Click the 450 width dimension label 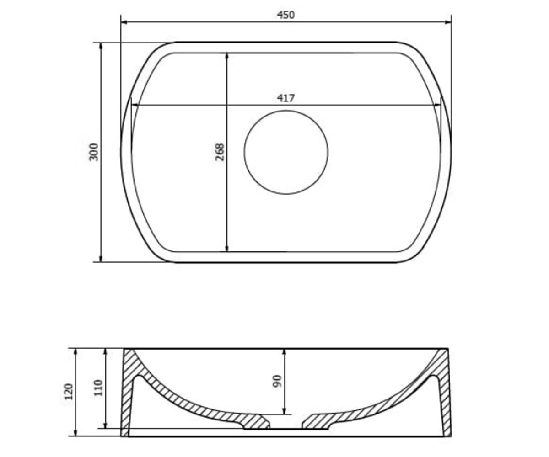pyautogui.click(x=285, y=15)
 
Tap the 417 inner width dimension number pyautogui.click(x=286, y=99)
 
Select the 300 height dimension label pyautogui.click(x=94, y=152)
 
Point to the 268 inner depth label pyautogui.click(x=219, y=152)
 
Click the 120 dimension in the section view pyautogui.click(x=69, y=392)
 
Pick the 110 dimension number pyautogui.click(x=98, y=388)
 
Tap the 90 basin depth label pyautogui.click(x=277, y=381)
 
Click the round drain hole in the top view pyautogui.click(x=286, y=152)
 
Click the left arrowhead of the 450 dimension pyautogui.click(x=124, y=22)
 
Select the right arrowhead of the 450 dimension pyautogui.click(x=448, y=22)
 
